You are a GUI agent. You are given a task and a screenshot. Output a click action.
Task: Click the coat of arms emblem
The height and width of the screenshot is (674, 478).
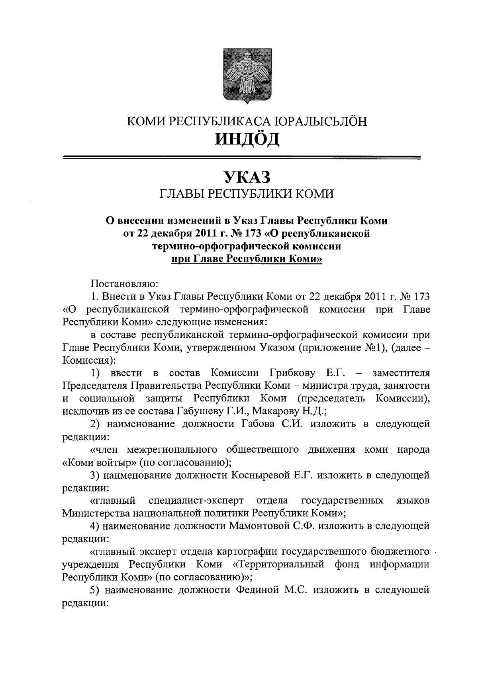(x=247, y=76)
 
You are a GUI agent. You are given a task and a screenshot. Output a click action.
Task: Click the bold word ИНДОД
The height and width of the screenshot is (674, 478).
(x=247, y=139)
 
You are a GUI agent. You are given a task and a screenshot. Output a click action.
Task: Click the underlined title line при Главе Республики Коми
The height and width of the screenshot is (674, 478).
(x=247, y=259)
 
